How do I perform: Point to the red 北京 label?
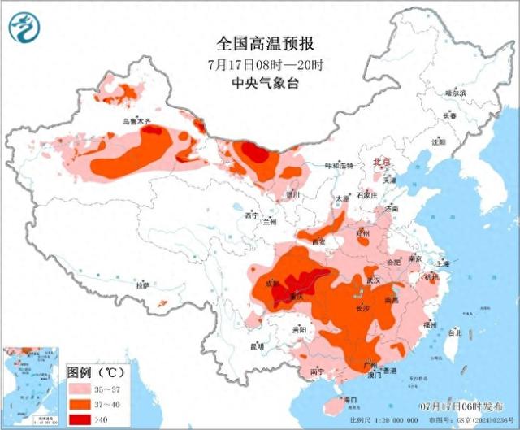pyautogui.click(x=381, y=163)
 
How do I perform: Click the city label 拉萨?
pyautogui.click(x=143, y=285)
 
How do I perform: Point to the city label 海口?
pyautogui.click(x=350, y=401)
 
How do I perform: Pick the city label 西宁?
pyautogui.click(x=251, y=215)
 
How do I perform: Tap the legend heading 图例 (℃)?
pyautogui.click(x=93, y=371)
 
